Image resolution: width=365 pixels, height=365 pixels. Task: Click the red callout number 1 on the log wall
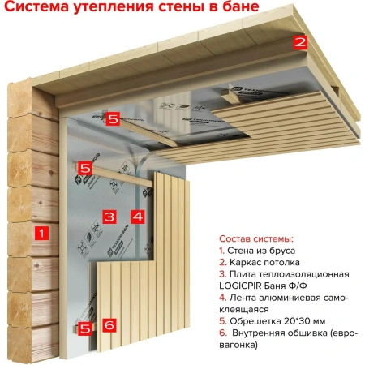click(x=43, y=233)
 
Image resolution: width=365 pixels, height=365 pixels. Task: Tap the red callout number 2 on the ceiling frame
click(x=299, y=42)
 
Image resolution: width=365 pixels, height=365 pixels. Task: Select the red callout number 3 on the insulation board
click(x=109, y=217)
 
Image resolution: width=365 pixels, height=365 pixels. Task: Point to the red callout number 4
click(x=137, y=217)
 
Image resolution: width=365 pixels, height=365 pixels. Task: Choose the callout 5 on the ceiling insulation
click(x=112, y=118)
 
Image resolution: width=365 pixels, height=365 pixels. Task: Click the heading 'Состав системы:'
click(x=255, y=239)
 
